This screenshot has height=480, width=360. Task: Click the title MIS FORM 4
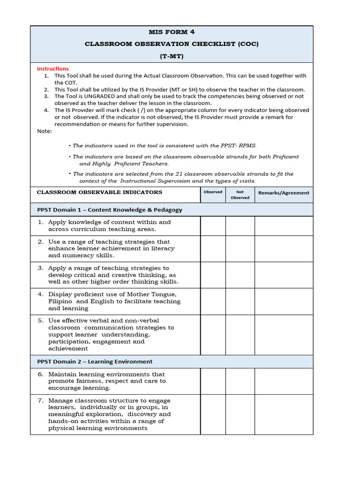coord(171,32)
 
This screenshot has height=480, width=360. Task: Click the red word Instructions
coord(53,68)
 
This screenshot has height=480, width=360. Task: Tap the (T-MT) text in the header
coord(171,55)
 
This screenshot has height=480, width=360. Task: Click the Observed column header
coord(213,192)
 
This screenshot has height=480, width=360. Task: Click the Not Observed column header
coord(240,195)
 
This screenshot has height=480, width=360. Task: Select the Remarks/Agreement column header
coord(284,193)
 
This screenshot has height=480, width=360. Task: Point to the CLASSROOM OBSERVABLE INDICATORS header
coord(99,192)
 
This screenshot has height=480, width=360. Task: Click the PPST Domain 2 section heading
coord(95,361)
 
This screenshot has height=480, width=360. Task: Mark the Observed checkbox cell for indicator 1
coord(213,226)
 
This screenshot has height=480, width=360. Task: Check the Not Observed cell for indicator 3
coord(240,275)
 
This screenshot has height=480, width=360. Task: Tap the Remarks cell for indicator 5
coord(284,335)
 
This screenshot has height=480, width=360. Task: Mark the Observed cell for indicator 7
coord(213,414)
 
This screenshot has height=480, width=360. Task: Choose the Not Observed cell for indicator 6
coord(240,381)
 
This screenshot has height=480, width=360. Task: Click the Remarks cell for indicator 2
coord(284,249)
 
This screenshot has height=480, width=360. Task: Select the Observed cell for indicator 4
coord(213,301)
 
